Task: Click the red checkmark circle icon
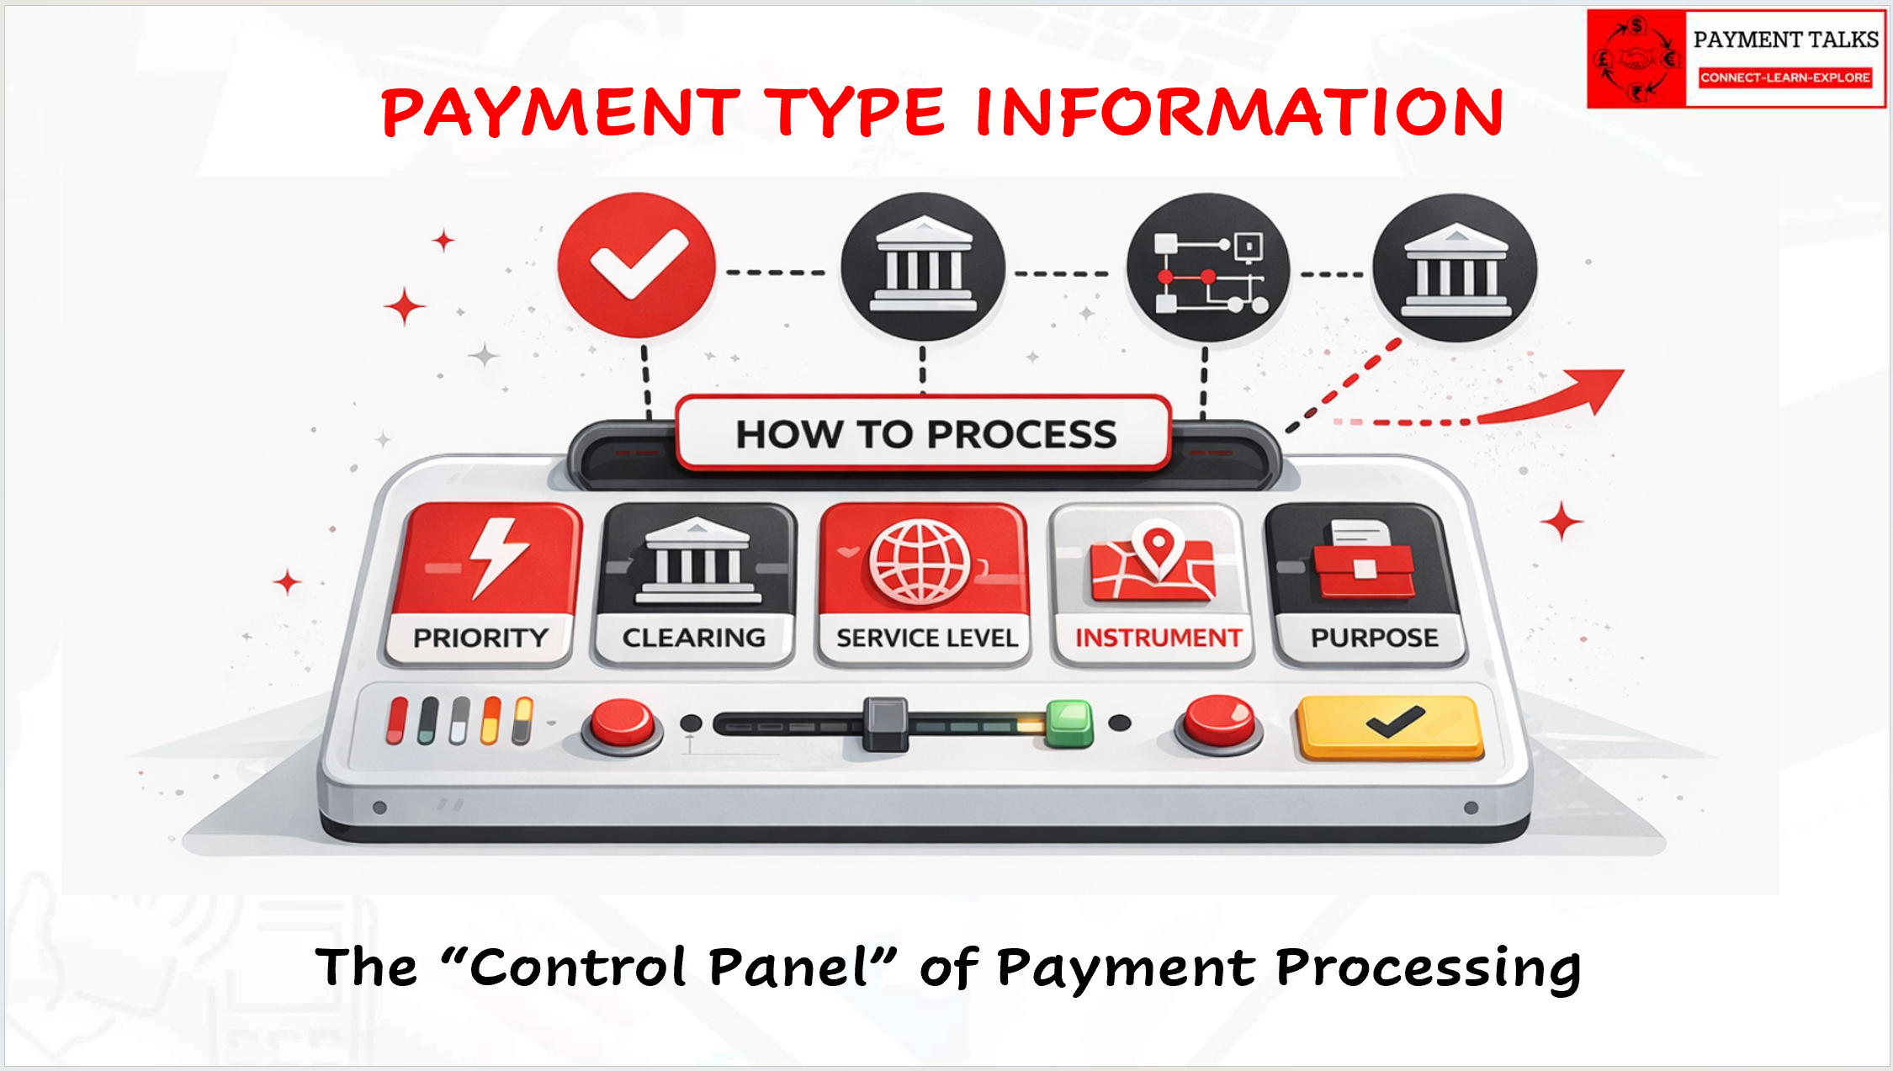point(636,266)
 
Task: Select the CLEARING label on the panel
point(694,638)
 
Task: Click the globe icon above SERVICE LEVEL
point(920,561)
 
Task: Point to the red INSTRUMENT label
point(1159,638)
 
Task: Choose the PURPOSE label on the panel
point(1375,638)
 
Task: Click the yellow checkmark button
point(1390,727)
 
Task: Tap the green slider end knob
point(1069,724)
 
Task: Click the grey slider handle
point(885,724)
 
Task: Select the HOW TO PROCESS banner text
point(926,435)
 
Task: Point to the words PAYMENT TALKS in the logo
point(1785,40)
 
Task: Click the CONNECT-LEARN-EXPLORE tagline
point(1785,77)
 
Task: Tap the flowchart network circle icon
point(1208,268)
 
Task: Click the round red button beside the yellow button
point(1218,724)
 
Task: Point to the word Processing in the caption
point(1429,969)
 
